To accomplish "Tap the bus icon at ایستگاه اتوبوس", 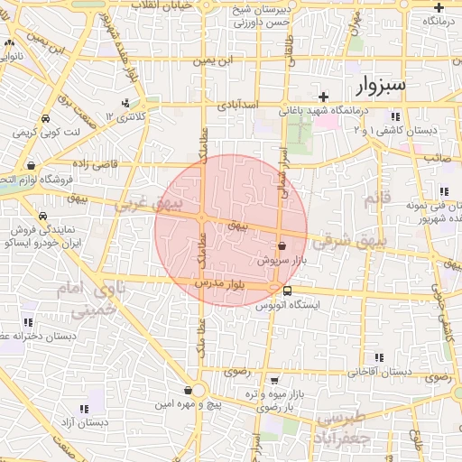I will [x=287, y=291].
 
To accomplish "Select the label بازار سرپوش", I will [x=281, y=260].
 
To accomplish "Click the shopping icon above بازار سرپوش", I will [x=282, y=245].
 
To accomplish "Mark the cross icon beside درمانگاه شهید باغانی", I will [x=323, y=96].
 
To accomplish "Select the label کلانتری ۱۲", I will [x=125, y=117].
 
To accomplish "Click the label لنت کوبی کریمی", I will [x=45, y=132].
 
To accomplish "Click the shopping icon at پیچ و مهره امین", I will [x=188, y=390].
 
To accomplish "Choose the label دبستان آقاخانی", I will [x=380, y=372].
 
